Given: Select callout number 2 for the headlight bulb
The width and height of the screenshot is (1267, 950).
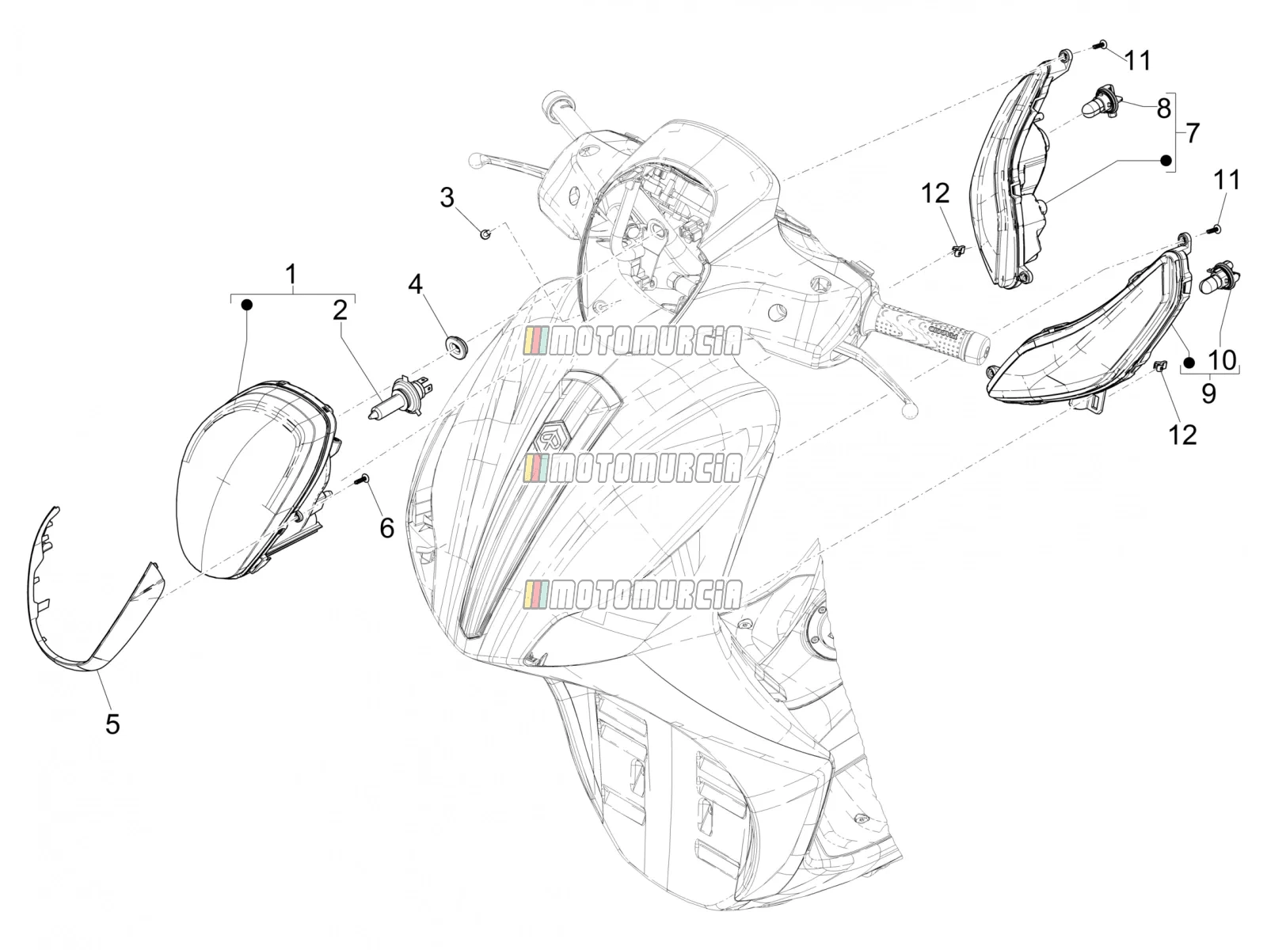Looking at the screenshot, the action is [341, 310].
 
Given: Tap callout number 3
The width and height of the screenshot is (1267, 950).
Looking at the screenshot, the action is [447, 197].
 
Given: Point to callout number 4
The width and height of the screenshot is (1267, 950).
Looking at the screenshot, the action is [416, 284].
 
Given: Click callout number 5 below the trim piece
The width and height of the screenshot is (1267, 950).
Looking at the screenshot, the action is [112, 724].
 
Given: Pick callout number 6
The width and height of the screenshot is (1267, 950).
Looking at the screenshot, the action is [386, 528].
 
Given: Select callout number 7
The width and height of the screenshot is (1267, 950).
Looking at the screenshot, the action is [1193, 133].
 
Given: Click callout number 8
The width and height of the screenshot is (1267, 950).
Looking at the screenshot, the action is [1164, 108].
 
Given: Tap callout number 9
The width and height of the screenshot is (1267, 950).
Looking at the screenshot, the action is [1208, 393].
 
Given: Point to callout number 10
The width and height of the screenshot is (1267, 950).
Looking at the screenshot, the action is [1222, 360].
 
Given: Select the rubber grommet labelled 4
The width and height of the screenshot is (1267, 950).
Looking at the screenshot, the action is [456, 345].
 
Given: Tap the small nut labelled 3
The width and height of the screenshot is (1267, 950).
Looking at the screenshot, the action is [486, 234].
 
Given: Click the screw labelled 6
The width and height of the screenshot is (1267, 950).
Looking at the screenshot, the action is [363, 479].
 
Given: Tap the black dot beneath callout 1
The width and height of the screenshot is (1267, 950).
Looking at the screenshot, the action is [246, 305].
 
